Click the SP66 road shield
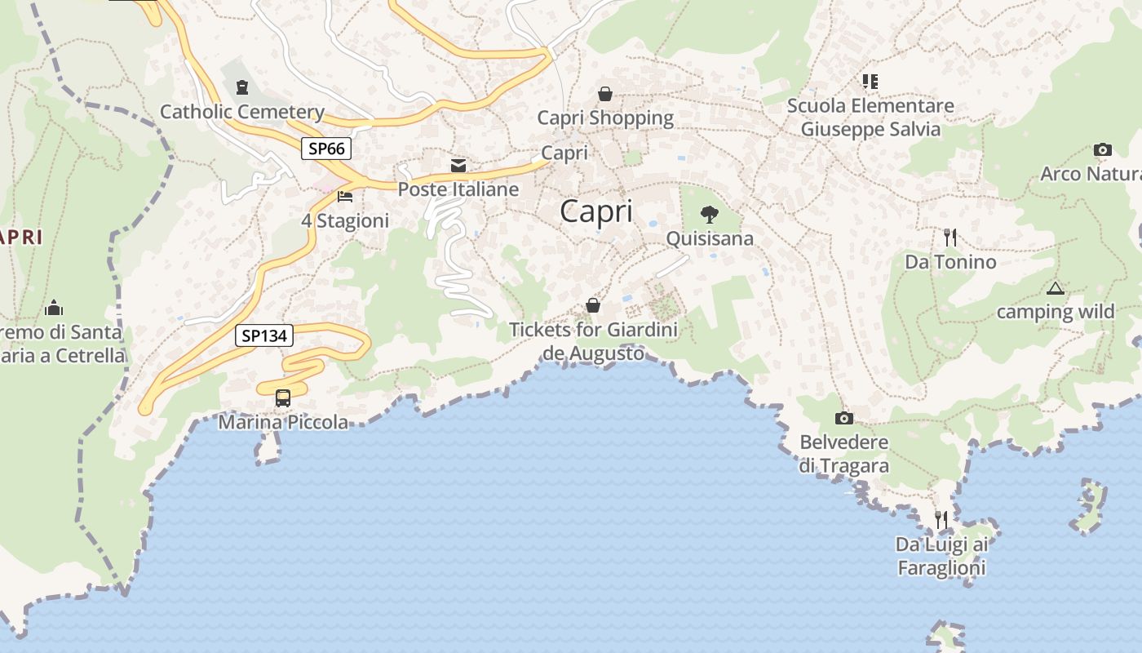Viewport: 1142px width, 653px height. [x=327, y=149]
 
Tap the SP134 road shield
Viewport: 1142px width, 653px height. [x=264, y=335]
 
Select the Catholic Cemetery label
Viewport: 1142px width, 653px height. [x=242, y=112]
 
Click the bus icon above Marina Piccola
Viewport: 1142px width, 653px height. [x=283, y=398]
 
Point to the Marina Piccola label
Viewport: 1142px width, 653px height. [x=283, y=422]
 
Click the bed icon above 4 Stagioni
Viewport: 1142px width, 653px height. [x=345, y=197]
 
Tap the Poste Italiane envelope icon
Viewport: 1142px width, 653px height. [x=458, y=166]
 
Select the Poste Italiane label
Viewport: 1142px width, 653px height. [x=458, y=189]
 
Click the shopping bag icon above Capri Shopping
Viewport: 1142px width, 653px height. [x=605, y=94]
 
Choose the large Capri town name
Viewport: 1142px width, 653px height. [x=596, y=211]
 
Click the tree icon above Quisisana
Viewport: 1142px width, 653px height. [x=710, y=215]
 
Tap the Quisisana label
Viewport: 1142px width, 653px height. [x=710, y=238]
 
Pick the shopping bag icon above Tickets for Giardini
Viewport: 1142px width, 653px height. [x=593, y=305]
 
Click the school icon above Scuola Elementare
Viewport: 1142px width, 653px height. [x=870, y=82]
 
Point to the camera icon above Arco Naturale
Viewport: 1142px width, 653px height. [x=1102, y=150]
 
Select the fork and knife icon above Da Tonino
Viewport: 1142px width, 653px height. [x=950, y=238]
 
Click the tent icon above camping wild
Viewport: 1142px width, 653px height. [x=1056, y=288]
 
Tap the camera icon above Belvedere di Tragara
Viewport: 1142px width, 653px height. [x=844, y=419]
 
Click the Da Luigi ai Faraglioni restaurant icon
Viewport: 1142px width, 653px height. [x=941, y=519]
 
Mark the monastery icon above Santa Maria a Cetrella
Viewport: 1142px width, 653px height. [x=54, y=308]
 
